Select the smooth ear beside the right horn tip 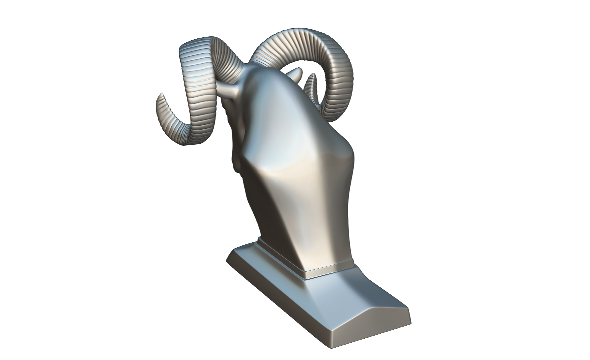click(x=298, y=74)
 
